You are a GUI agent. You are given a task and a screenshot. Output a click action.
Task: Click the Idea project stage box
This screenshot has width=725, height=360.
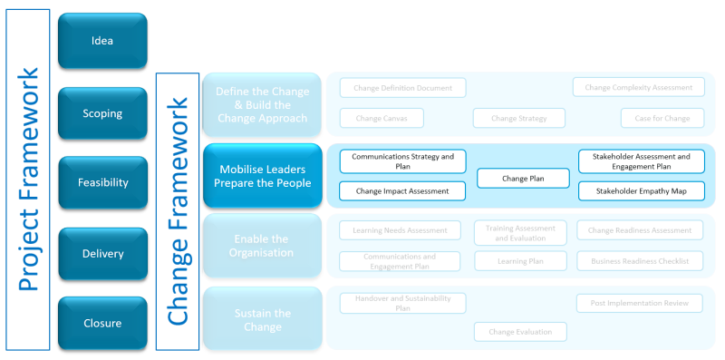click(102, 40)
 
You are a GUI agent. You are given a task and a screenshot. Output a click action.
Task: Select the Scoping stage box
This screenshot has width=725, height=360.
click(102, 113)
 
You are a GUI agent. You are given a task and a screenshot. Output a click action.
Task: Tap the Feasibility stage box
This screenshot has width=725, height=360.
click(102, 182)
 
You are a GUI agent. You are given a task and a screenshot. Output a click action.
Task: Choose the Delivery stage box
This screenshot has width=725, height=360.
click(102, 254)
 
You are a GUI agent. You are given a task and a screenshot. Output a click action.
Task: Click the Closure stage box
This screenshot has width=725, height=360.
click(102, 323)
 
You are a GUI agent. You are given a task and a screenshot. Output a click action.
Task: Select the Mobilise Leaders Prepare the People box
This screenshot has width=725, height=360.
click(262, 175)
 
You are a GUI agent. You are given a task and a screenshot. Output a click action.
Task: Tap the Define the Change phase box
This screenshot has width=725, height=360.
click(262, 105)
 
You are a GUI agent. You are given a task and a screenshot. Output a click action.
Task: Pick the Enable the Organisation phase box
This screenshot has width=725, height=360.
click(262, 246)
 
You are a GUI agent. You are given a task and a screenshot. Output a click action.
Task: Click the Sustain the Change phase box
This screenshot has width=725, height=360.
click(262, 319)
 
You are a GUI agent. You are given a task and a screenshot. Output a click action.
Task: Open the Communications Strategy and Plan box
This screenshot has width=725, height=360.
click(402, 161)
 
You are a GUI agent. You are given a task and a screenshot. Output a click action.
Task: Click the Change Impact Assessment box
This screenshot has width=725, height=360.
click(402, 191)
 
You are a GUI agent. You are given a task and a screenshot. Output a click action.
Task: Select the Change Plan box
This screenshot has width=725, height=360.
click(523, 179)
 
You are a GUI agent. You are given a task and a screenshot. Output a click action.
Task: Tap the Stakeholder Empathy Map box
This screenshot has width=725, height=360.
click(641, 191)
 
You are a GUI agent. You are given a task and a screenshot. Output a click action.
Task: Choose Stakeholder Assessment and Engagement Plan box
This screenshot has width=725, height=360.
click(641, 161)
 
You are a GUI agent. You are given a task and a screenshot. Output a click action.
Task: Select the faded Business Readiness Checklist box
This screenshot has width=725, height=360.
click(640, 261)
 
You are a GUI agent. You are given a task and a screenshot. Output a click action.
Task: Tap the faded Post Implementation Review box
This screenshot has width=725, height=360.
click(640, 303)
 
